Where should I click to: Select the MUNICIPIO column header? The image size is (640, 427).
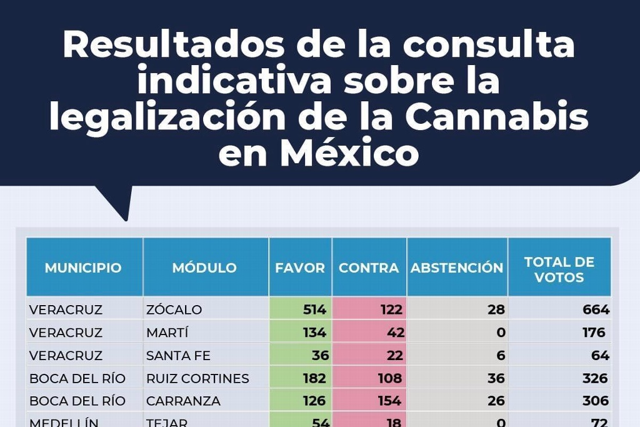click(x=83, y=268)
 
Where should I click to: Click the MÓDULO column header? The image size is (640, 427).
click(x=204, y=268)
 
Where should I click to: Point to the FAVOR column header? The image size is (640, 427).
click(x=300, y=268)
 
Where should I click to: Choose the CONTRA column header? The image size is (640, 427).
click(x=369, y=268)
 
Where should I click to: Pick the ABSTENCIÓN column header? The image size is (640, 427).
click(x=457, y=268)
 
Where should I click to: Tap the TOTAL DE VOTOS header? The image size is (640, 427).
click(x=559, y=269)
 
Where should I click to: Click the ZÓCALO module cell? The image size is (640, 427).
click(x=174, y=310)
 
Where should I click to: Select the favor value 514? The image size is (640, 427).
click(x=314, y=310)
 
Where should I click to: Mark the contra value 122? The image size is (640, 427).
click(x=390, y=310)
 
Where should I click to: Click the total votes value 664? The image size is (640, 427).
click(x=595, y=310)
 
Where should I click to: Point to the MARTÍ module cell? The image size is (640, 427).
click(x=167, y=333)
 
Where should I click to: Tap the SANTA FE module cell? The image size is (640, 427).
click(x=178, y=356)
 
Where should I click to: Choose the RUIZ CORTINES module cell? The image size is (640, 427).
click(x=197, y=378)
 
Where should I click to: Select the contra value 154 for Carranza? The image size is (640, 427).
click(x=389, y=401)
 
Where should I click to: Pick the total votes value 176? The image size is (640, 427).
click(x=593, y=333)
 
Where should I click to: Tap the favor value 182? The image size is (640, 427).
click(x=313, y=378)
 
